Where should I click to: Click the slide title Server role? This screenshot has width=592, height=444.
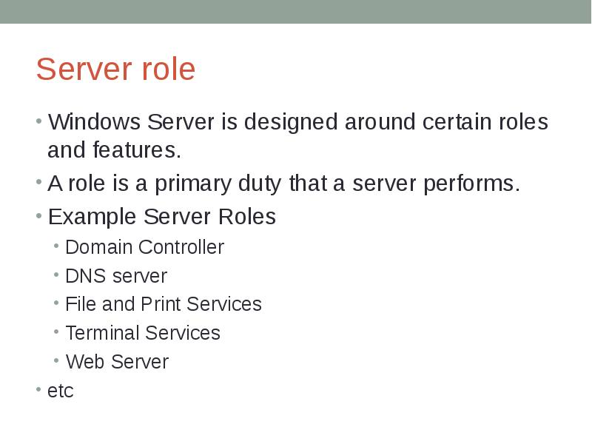115,70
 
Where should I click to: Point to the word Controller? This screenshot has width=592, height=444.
181,247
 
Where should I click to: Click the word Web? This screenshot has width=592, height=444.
81,362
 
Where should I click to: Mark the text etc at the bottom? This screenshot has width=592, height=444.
60,391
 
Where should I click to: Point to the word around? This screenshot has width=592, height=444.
380,122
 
